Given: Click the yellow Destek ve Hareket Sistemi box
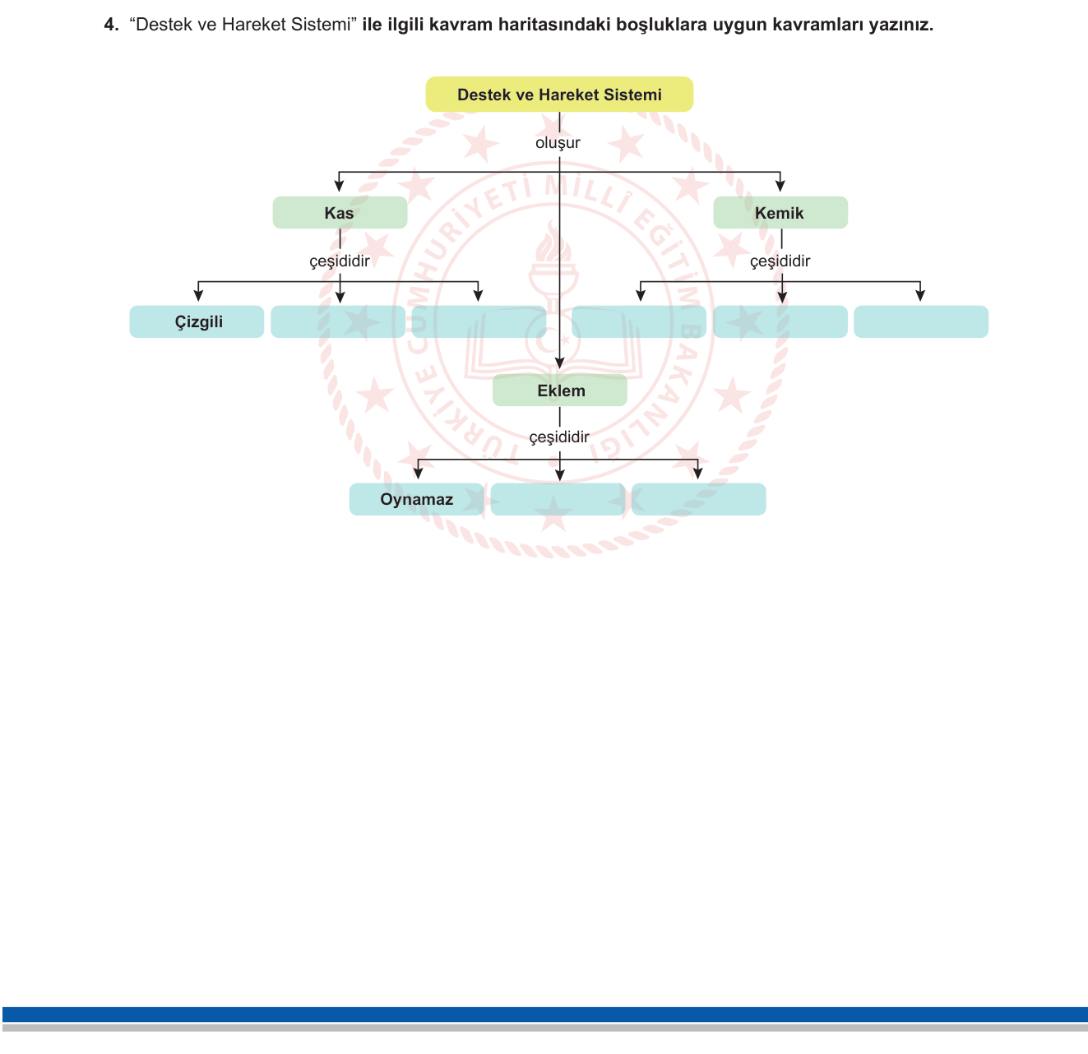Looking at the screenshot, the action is pos(559,94).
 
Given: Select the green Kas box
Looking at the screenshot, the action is pos(340,212).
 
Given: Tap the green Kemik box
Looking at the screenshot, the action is pos(780,212).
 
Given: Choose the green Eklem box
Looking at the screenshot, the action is pos(560,390).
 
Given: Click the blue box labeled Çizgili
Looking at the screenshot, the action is pos(197,321).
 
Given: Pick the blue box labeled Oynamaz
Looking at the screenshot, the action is pos(416,499).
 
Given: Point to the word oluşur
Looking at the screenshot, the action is pos(558,143).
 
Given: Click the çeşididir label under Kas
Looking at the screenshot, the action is pos(340,261).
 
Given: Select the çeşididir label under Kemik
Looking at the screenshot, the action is pos(780,261).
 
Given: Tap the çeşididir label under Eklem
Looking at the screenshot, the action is pos(559,437).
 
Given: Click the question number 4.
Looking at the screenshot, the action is pos(111,25).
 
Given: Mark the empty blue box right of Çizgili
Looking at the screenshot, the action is pos(338,321).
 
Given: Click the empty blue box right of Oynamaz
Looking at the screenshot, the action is pos(558,499).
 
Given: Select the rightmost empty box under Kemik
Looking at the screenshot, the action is pos(921,321).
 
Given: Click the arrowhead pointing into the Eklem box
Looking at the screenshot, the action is pos(560,363).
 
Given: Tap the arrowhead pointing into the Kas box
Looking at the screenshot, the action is pos(339,185).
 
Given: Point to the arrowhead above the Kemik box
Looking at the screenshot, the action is pos(780,185).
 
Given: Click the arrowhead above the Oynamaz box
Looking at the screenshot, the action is pos(418,473).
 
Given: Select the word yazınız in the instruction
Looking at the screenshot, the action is pos(900,25).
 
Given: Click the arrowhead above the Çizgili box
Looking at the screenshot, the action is pos(198,295).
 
